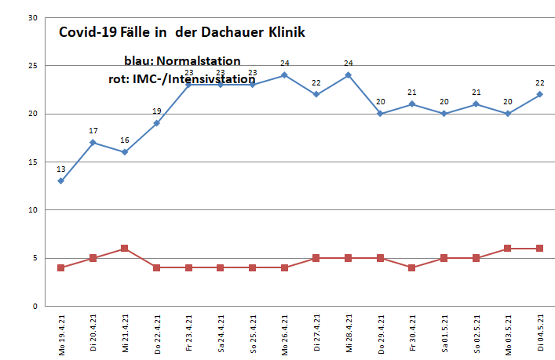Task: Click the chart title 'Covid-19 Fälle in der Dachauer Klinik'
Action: point(182,34)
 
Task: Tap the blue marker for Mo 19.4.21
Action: point(60,181)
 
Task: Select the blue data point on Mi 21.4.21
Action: point(124,152)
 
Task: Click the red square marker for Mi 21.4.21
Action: point(124,249)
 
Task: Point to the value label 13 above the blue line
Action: point(60,169)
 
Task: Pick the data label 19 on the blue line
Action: point(156,111)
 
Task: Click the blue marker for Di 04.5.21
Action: point(540,94)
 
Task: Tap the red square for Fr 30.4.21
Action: point(412,267)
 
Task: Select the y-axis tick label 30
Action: point(32,18)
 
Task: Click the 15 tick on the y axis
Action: point(32,162)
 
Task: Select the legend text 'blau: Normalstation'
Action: point(182,61)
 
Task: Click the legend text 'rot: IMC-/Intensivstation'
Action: point(181,79)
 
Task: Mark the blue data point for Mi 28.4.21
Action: point(348,75)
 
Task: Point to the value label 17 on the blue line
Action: point(93,130)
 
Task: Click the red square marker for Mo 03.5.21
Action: point(508,249)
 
